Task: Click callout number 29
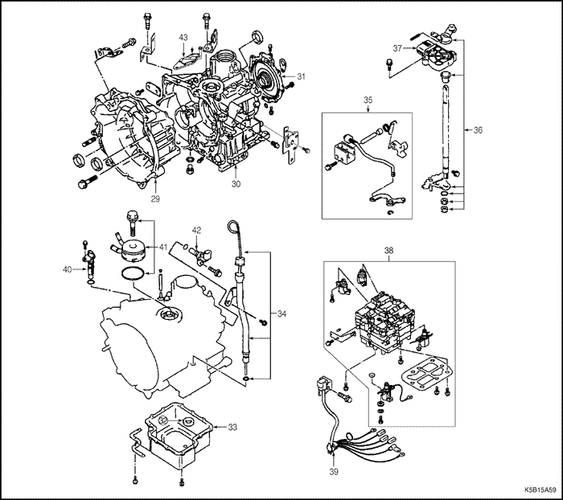point(155,198)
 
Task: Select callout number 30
point(236,184)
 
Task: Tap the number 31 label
point(301,76)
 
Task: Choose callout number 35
point(368,100)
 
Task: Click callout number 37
point(396,48)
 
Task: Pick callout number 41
point(162,246)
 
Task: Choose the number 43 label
point(183,38)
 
